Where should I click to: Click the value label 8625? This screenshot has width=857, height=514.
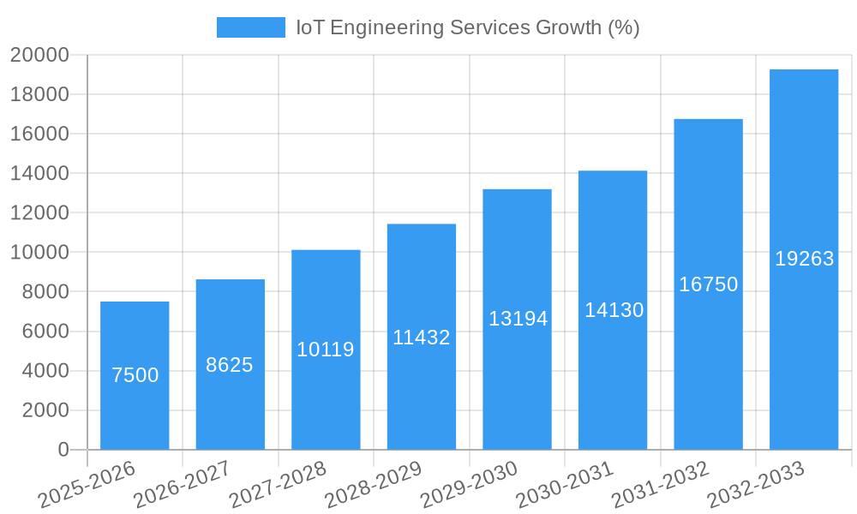[x=230, y=365]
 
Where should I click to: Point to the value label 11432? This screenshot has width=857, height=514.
[x=421, y=338]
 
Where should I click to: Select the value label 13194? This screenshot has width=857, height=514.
[x=518, y=319]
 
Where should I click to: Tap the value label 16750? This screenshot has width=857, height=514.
[x=708, y=284]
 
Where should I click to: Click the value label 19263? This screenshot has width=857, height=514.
[x=804, y=259]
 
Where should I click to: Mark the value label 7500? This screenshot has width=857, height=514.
[x=135, y=375]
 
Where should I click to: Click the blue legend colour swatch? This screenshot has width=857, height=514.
[x=250, y=27]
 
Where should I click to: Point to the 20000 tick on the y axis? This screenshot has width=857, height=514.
[x=39, y=55]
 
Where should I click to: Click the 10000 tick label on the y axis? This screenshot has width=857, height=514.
[x=39, y=253]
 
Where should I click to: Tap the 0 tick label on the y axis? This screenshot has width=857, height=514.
[x=63, y=450]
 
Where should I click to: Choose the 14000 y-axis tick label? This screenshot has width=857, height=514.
[x=39, y=174]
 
